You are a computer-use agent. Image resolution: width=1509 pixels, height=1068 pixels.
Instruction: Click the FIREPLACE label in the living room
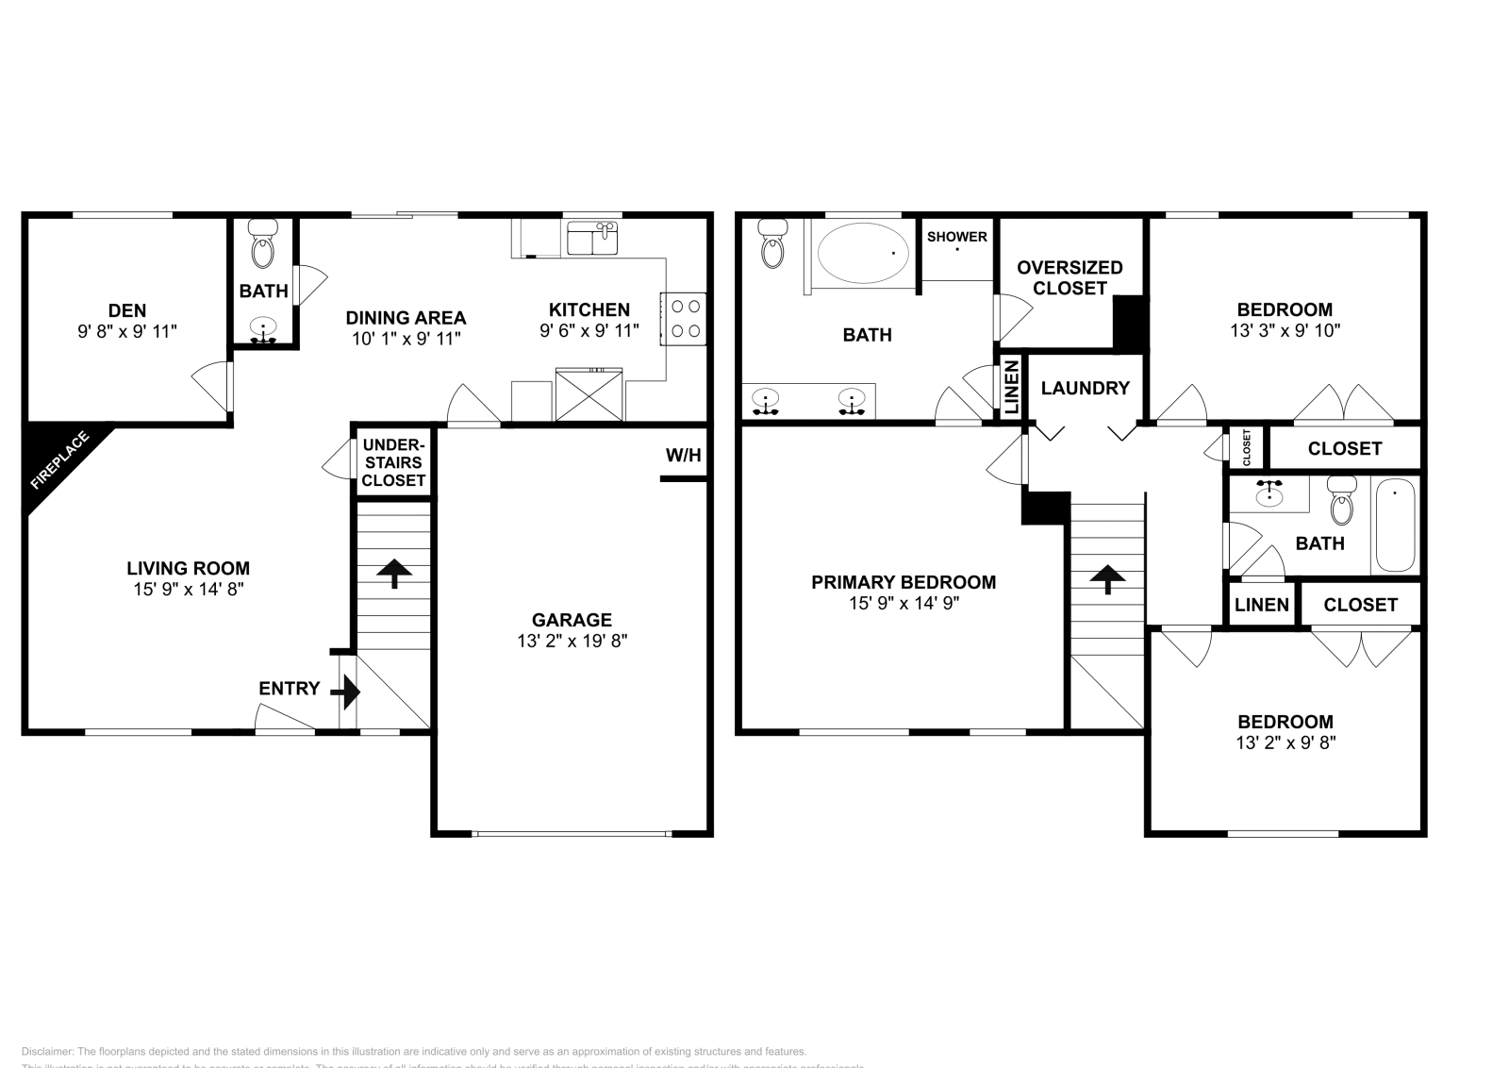pyautogui.click(x=59, y=461)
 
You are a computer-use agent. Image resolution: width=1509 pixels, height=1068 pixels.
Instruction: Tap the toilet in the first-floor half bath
pyautogui.click(x=262, y=247)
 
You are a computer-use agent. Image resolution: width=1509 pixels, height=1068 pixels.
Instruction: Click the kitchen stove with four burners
pyautogui.click(x=685, y=319)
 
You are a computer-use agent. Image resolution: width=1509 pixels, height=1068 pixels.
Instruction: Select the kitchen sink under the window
pyautogui.click(x=592, y=239)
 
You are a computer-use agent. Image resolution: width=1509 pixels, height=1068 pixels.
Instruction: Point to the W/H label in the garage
pyautogui.click(x=684, y=456)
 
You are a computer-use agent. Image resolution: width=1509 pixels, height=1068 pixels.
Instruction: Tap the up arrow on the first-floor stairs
pyautogui.click(x=393, y=572)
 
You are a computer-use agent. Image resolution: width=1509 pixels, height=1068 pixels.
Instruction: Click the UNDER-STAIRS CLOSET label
pyautogui.click(x=393, y=462)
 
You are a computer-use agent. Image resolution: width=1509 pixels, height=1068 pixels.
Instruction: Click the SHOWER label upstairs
pyautogui.click(x=956, y=237)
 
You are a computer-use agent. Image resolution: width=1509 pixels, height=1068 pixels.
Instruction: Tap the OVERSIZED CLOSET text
pyautogui.click(x=1070, y=277)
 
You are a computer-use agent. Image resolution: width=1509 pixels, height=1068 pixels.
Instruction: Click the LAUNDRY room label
pyautogui.click(x=1085, y=388)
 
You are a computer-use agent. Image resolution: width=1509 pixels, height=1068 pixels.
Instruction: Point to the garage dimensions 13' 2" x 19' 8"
pyautogui.click(x=572, y=641)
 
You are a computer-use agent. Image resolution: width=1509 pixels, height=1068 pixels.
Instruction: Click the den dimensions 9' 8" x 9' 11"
pyautogui.click(x=127, y=331)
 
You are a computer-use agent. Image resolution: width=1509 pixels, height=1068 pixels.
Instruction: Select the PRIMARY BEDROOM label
pyautogui.click(x=903, y=582)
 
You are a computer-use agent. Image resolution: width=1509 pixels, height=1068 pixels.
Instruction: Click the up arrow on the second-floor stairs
pyautogui.click(x=1107, y=577)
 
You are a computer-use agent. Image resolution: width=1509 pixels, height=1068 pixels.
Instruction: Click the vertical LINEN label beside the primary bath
pyautogui.click(x=1010, y=388)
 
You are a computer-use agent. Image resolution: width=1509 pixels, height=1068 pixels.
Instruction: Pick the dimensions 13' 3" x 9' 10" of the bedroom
pyautogui.click(x=1285, y=330)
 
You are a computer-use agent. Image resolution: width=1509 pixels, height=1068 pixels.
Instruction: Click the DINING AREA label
pyautogui.click(x=406, y=318)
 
